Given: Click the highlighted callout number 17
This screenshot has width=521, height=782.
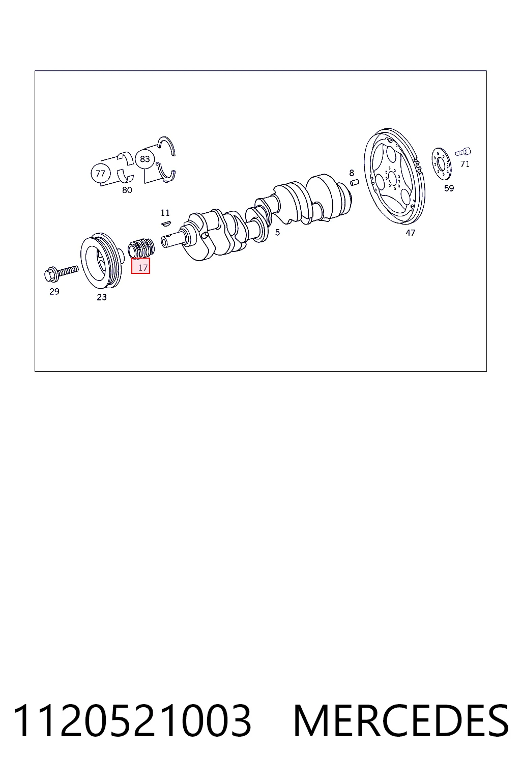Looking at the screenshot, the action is click(x=143, y=268).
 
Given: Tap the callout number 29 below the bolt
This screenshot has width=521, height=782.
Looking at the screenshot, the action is click(x=54, y=291).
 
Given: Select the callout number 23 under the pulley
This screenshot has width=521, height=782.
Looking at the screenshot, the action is click(x=102, y=297).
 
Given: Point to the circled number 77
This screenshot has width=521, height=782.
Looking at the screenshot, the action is click(x=101, y=173).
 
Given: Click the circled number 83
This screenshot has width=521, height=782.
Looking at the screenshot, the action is click(x=145, y=159).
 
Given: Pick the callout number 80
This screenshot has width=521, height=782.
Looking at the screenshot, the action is click(x=127, y=190).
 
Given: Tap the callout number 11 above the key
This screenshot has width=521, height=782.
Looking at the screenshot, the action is click(x=165, y=213).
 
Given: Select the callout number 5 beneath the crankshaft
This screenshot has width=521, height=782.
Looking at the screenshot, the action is click(x=277, y=232).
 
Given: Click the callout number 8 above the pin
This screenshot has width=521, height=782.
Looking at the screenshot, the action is click(x=352, y=173).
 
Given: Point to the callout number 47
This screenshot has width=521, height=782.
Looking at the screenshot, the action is click(x=411, y=233).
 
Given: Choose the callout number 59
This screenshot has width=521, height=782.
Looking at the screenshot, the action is click(x=449, y=188).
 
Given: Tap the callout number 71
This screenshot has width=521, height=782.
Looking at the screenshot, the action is click(x=465, y=164).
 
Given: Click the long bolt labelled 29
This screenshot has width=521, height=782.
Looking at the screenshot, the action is click(x=61, y=272).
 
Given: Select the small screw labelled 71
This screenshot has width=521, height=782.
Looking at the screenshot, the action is click(x=463, y=152).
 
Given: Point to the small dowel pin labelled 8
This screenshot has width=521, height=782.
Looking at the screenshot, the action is click(x=355, y=182).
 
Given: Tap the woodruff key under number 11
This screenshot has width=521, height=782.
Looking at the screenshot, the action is click(x=166, y=223).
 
